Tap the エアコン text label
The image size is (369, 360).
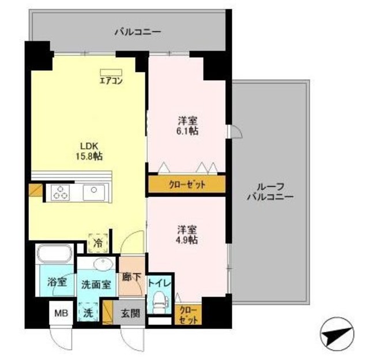[x=111, y=80]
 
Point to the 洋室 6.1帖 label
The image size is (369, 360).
[x=187, y=126]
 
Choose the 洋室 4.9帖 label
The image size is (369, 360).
[x=187, y=234]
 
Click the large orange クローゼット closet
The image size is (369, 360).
[x=186, y=185]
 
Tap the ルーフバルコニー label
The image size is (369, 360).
[x=270, y=191]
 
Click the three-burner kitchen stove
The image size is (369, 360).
[x=59, y=192]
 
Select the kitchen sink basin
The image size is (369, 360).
[x=92, y=192]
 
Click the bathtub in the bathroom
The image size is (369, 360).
[x=54, y=254]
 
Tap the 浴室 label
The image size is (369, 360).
[x=57, y=282]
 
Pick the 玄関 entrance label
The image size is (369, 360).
[x=130, y=314]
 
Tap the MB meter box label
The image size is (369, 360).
[x=61, y=314]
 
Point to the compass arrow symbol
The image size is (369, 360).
[x=336, y=335]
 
